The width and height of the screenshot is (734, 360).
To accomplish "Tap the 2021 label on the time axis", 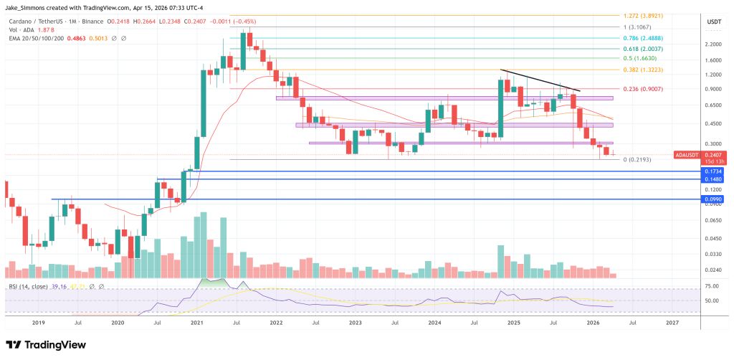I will pos(196,323).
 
